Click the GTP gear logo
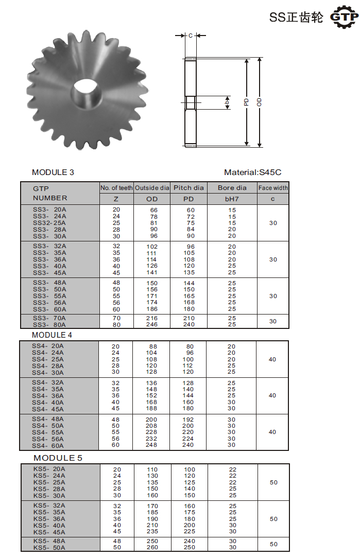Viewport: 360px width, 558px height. pyautogui.click(x=344, y=18)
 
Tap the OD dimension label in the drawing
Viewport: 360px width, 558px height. pyautogui.click(x=259, y=102)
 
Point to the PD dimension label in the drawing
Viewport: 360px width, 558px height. pyautogui.click(x=246, y=102)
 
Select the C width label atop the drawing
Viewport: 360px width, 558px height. pyautogui.click(x=190, y=36)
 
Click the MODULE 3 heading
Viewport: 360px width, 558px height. pyautogui.click(x=53, y=172)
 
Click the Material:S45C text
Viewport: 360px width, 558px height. pyautogui.click(x=253, y=172)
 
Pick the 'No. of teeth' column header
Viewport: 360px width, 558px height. pyautogui.click(x=116, y=188)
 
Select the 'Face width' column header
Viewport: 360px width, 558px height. pyautogui.click(x=273, y=188)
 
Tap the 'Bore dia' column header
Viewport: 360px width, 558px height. pyautogui.click(x=232, y=188)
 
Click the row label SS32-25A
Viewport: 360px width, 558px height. pyautogui.click(x=49, y=223)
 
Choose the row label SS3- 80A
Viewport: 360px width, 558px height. pyautogui.click(x=49, y=325)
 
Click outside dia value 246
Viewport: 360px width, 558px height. pyautogui.click(x=151, y=325)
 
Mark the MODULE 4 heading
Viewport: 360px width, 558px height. pyautogui.click(x=53, y=335)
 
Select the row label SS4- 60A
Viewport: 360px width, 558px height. pyautogui.click(x=48, y=445)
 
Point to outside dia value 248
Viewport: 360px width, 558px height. pyautogui.click(x=151, y=445)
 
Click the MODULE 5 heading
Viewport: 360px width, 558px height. pyautogui.click(x=58, y=458)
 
